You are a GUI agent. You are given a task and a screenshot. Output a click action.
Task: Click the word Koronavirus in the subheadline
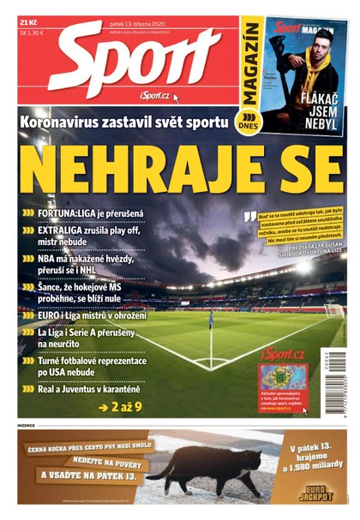point(59,123)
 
